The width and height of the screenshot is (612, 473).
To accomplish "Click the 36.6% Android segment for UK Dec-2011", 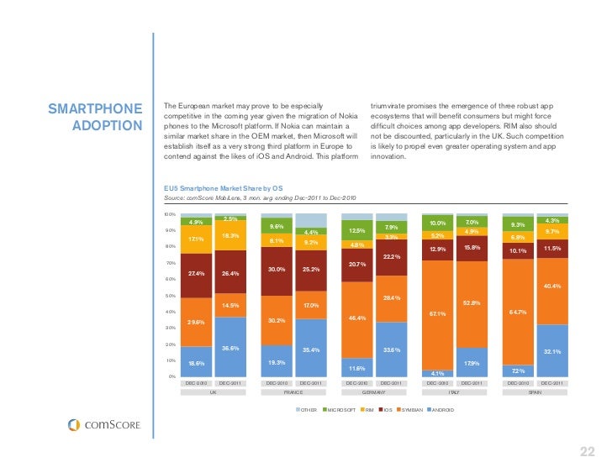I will coord(230,348).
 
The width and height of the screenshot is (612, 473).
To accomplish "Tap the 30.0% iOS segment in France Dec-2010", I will coord(277,270).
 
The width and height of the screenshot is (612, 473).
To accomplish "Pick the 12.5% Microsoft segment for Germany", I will coord(357,231).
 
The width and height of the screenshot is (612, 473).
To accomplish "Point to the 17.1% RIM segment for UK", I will coord(196,239).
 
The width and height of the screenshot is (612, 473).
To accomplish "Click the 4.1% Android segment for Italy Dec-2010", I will coord(437,373).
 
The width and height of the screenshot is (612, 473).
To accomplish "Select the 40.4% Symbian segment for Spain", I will coord(552,286).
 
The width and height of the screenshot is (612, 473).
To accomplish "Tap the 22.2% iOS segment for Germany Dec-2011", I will coord(391,256).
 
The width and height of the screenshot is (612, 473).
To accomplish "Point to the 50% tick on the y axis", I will coord(169,296).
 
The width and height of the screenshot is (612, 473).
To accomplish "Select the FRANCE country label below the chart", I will coord(293,392).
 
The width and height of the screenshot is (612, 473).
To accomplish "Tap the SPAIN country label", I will coord(535,392).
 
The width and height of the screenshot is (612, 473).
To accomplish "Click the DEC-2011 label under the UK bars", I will coord(229,382).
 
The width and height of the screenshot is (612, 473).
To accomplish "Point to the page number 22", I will coord(587,453).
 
